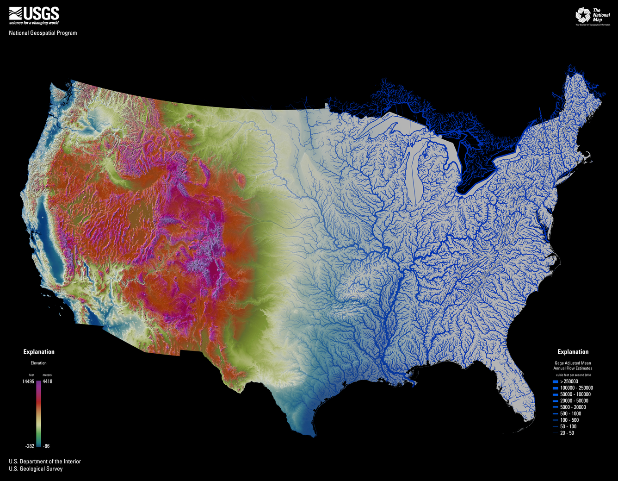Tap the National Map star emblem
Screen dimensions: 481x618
[x=583, y=15]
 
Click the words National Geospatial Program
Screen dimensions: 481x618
[x=43, y=33]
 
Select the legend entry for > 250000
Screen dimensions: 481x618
[x=569, y=381]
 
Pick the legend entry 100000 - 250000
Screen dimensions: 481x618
[x=576, y=388]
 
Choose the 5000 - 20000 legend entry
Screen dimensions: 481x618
[x=573, y=407]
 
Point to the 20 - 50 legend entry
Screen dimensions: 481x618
[x=567, y=433]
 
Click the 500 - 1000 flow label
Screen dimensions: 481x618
[x=570, y=414]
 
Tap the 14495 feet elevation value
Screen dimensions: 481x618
[x=28, y=381]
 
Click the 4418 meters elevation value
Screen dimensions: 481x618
[x=47, y=381]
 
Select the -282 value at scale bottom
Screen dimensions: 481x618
[x=30, y=446]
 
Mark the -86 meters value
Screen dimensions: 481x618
[x=46, y=446]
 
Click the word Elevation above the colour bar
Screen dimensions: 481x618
[x=39, y=363]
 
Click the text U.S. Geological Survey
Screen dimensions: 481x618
[x=36, y=469]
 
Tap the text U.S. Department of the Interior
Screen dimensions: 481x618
[x=45, y=461]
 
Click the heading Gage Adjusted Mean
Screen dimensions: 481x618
[x=573, y=363]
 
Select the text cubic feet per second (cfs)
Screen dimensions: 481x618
[x=573, y=375]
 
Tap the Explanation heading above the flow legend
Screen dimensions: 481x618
[x=573, y=352]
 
